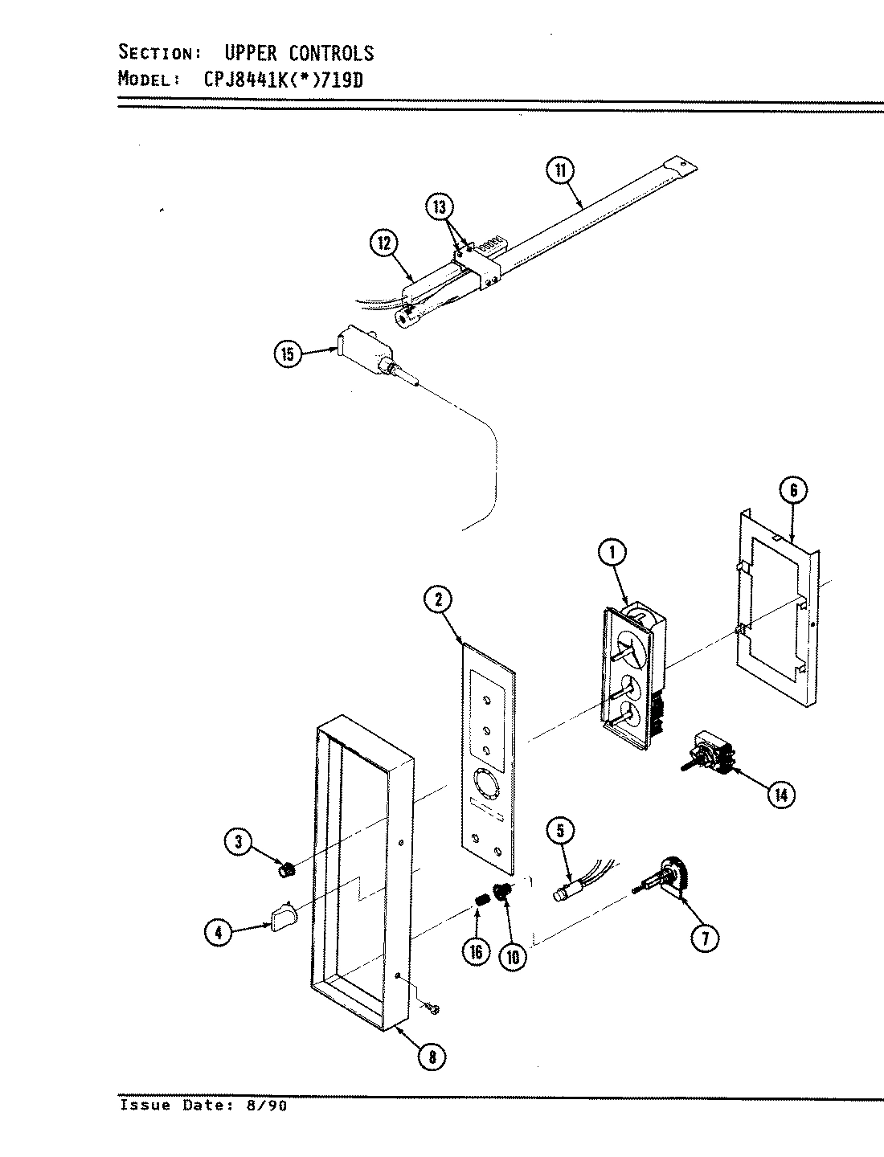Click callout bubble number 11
coord(559,170)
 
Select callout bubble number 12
coord(384,242)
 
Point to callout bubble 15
coord(289,354)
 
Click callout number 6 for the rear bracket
coord(792,490)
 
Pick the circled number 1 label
coord(612,552)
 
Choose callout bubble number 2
coord(438,599)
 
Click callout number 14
coord(780,795)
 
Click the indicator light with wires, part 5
coord(567,893)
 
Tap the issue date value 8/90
coord(271,1106)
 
